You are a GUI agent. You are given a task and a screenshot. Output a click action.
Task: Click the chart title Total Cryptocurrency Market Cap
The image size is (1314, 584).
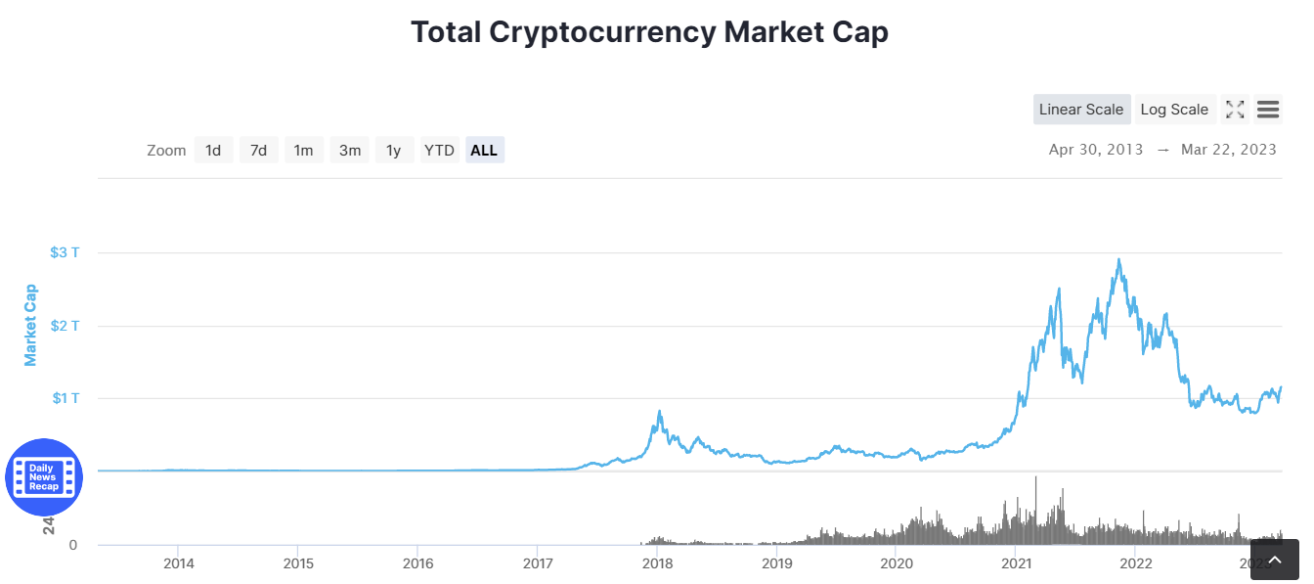[649, 32]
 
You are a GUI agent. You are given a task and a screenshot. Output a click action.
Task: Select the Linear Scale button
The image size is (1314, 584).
[1081, 110]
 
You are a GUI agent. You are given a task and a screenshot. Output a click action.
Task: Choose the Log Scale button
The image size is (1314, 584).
[1174, 110]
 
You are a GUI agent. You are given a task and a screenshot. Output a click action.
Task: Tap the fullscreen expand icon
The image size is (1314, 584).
[1235, 110]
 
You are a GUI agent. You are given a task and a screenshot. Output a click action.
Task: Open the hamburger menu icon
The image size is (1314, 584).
[1268, 110]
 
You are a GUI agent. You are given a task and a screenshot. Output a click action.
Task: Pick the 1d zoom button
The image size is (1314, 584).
[213, 151]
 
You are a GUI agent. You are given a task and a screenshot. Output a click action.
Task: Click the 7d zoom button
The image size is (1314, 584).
[258, 151]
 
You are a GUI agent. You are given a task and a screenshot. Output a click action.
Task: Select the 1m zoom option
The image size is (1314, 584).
[304, 151]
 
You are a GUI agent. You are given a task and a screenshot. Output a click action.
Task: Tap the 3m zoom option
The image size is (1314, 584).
[350, 151]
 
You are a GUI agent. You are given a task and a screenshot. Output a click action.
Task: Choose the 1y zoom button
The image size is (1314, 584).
[394, 151]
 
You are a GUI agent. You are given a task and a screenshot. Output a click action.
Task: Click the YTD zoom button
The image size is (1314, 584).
[439, 151]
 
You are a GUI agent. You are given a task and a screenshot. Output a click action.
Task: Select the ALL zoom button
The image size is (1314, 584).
[484, 151]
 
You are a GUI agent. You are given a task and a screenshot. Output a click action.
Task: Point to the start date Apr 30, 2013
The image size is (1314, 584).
[1095, 150]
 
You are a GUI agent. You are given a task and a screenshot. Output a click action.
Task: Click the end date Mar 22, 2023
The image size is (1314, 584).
[1229, 150]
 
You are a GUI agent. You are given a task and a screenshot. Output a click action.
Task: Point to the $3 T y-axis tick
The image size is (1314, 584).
[65, 252]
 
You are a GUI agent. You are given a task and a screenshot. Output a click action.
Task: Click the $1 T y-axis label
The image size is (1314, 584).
[65, 398]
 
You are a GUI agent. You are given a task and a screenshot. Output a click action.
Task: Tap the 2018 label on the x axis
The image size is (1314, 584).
[657, 563]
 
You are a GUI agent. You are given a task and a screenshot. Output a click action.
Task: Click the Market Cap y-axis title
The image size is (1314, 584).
[30, 325]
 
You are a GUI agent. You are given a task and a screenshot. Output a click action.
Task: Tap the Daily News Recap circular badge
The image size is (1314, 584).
[44, 477]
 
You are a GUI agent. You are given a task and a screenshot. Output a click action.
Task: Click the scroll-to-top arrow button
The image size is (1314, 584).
[1274, 560]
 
